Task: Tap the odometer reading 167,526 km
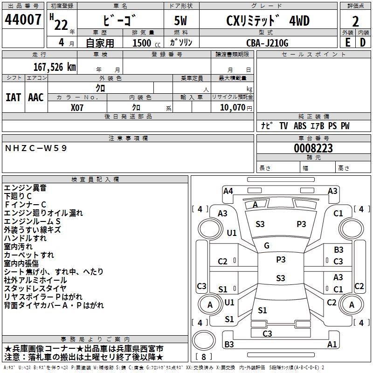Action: tap(54, 67)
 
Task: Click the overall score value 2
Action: tap(356, 21)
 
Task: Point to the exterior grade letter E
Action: tap(347, 42)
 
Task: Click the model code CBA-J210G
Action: tap(267, 43)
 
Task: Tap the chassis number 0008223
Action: tap(313, 148)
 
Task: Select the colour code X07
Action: tap(77, 107)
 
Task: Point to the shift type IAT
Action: tap(13, 97)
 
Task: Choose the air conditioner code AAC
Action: tap(35, 97)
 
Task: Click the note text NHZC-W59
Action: tap(36, 148)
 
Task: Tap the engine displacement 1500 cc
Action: tap(142, 43)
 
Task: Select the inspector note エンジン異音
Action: tap(25, 188)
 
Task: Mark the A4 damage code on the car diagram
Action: tap(228, 191)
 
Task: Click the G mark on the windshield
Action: tap(267, 245)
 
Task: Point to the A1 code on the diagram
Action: tap(332, 345)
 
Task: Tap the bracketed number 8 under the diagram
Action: tap(204, 357)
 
